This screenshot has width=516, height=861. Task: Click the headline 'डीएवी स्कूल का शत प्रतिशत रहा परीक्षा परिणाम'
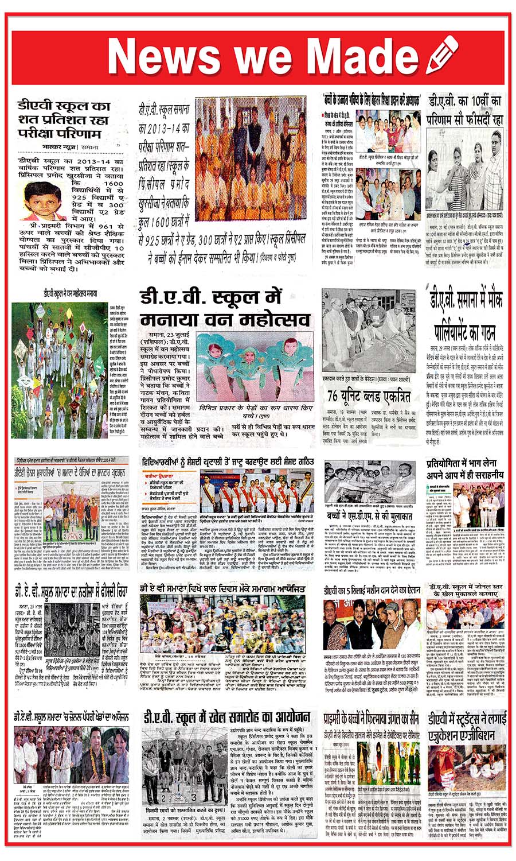coord(63,119)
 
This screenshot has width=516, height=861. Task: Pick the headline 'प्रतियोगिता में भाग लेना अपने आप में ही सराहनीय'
coord(464,469)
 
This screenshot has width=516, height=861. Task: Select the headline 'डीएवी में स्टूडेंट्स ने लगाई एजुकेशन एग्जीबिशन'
coord(465,727)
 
